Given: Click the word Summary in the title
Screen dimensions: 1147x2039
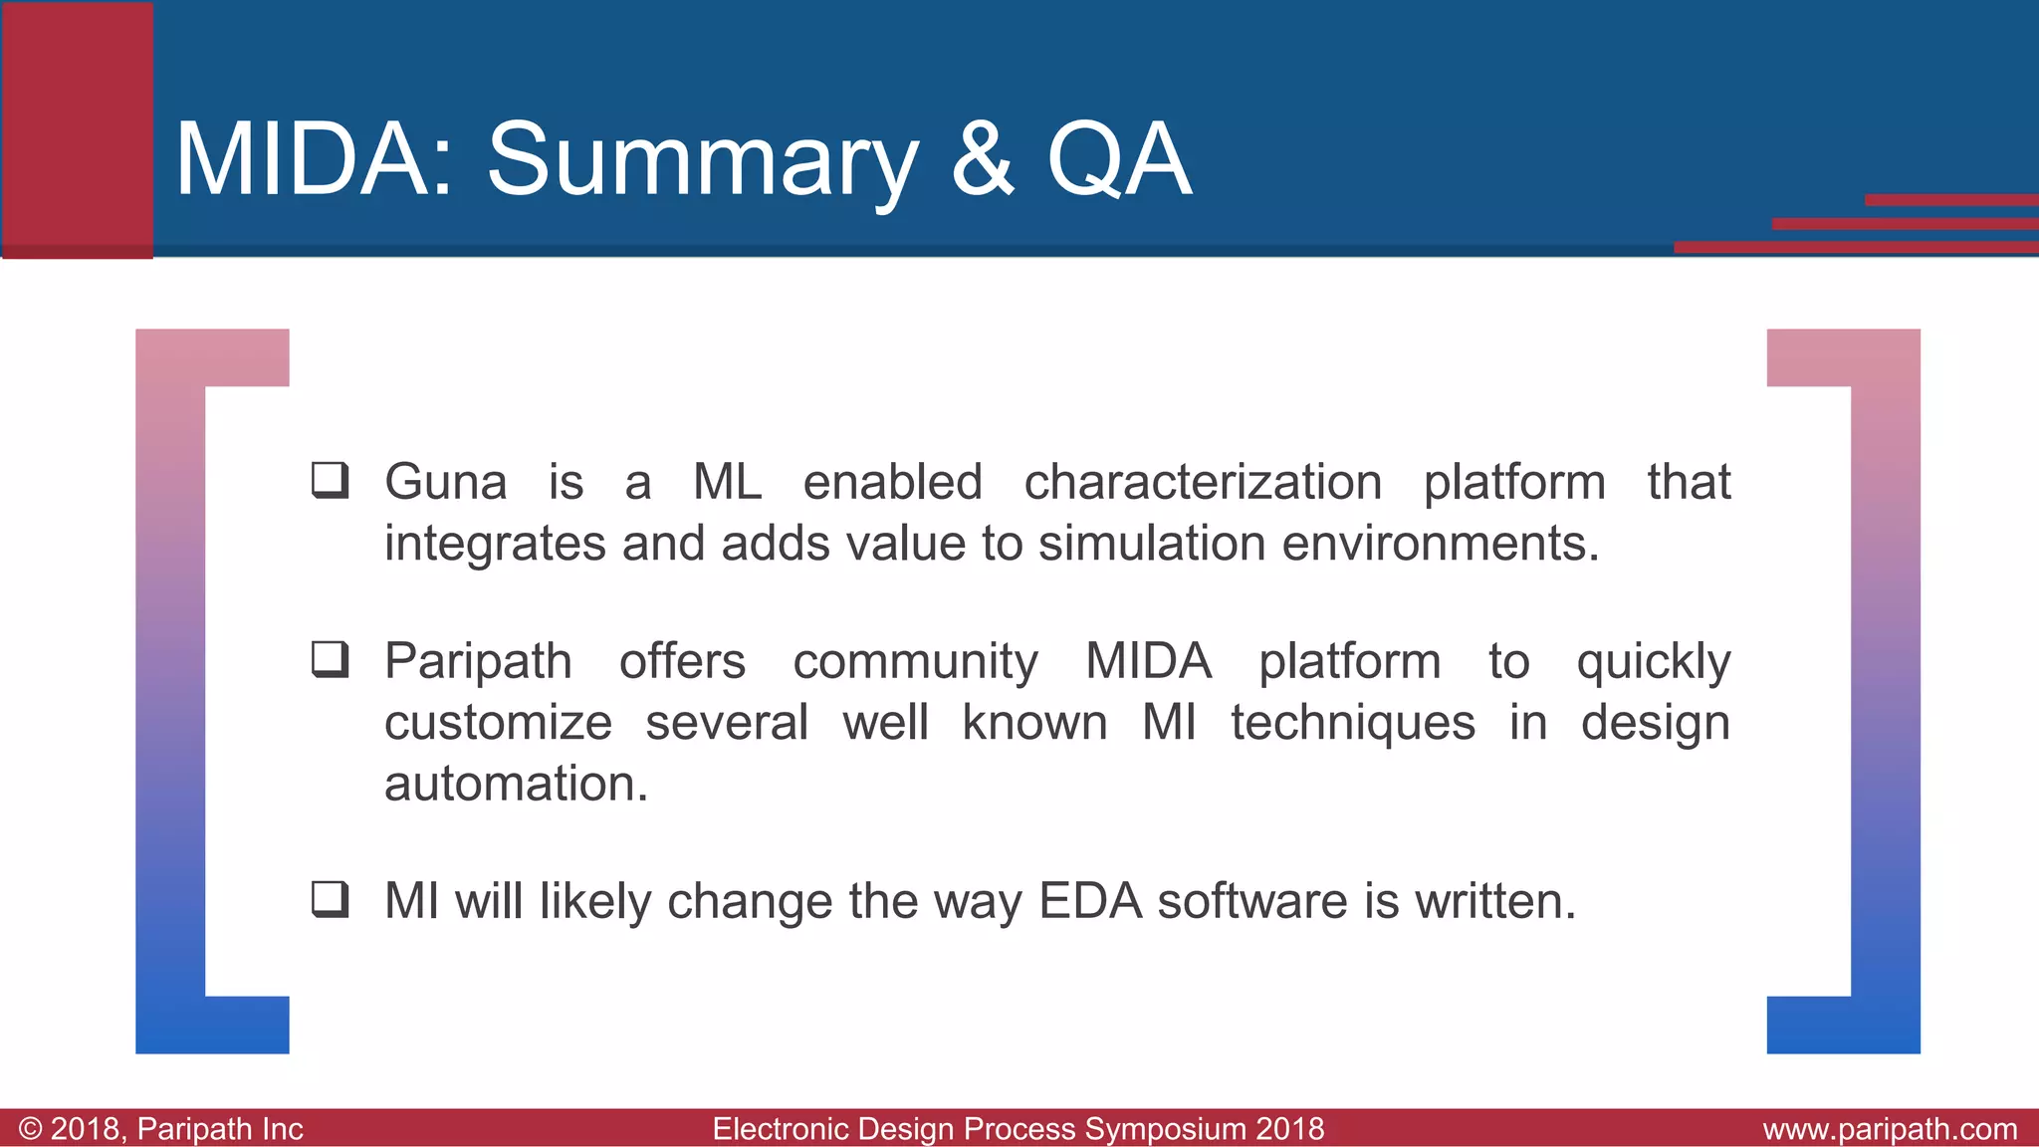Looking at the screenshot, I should (701, 159).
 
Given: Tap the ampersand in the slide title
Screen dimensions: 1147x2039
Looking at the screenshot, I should (982, 159).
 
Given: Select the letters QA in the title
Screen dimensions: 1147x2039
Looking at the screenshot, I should (1118, 159).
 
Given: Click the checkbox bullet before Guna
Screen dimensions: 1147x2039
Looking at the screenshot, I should (330, 480).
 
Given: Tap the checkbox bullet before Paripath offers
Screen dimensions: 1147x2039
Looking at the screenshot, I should (330, 659).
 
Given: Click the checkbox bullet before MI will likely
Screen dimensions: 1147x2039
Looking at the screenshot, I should (330, 899).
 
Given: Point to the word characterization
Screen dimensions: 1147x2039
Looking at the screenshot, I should (1203, 483).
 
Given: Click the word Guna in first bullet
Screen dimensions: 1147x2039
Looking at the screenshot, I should (445, 483).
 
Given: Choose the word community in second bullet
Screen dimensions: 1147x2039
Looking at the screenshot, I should (915, 662).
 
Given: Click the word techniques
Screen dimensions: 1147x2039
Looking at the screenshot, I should (1352, 723).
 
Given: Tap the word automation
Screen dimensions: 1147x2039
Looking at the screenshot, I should (516, 784).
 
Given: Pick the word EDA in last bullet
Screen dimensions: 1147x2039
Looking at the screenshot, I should (1089, 901).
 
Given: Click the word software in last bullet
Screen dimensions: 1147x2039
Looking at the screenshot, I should (1252, 901).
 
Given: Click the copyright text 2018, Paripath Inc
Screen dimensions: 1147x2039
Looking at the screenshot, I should (161, 1129).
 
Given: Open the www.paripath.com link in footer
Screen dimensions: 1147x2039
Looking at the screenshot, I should (1889, 1129).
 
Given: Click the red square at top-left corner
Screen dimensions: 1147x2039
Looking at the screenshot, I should (78, 129).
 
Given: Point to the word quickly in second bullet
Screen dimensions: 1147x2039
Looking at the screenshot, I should (1653, 663).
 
